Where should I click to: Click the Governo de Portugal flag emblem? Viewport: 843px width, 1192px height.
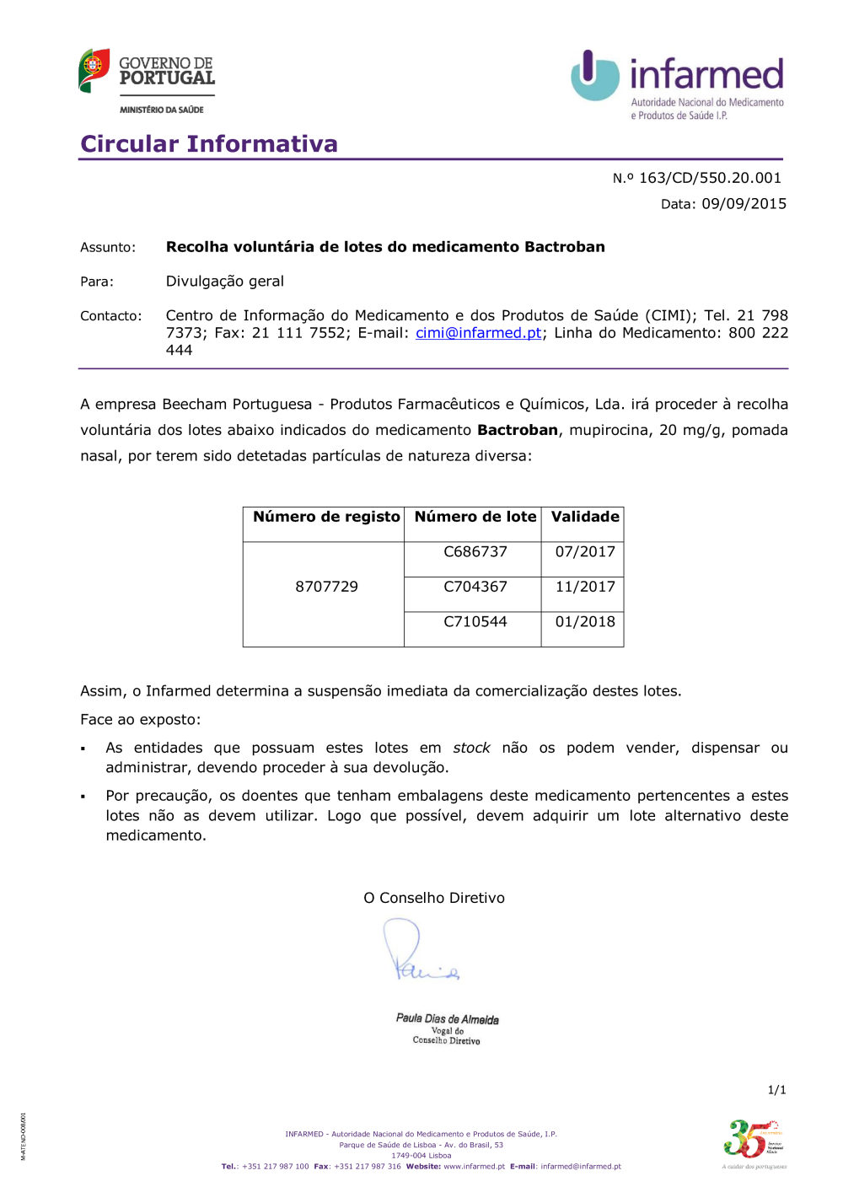[x=94, y=70]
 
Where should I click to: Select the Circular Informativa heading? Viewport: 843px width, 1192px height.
[x=209, y=144]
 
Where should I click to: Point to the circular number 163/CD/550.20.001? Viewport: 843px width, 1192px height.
[x=710, y=178]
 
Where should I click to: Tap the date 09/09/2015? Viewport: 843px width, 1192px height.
[x=744, y=204]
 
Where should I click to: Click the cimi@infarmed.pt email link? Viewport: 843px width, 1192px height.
[x=478, y=333]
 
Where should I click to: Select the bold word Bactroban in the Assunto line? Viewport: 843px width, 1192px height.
[x=564, y=247]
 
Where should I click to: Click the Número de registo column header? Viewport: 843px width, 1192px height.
[x=326, y=517]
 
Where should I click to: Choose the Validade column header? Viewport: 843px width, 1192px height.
[x=585, y=517]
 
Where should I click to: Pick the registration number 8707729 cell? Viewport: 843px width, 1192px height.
[x=326, y=587]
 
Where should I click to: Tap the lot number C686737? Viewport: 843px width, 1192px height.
[x=475, y=551]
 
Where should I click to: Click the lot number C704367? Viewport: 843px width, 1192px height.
[x=475, y=587]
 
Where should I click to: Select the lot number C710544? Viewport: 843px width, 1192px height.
[x=475, y=622]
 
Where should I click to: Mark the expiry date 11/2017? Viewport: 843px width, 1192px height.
[x=585, y=587]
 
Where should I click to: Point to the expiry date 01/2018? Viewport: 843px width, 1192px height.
[x=585, y=622]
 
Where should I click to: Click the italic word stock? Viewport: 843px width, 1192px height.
[x=471, y=748]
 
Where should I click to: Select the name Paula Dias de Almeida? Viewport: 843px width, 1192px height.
[x=447, y=1018]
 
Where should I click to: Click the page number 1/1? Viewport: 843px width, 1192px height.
[x=776, y=1090]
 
